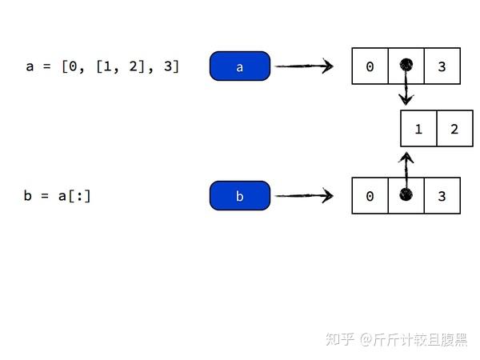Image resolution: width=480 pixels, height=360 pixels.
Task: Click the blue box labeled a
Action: point(240,66)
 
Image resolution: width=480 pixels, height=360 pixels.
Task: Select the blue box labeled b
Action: point(240,196)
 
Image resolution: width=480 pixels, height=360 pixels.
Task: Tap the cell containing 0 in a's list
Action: point(370,66)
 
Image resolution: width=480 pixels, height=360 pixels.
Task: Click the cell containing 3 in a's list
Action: point(442,66)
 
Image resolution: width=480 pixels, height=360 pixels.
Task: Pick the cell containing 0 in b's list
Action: point(370,196)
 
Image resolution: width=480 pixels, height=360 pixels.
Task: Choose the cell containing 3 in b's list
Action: point(442,196)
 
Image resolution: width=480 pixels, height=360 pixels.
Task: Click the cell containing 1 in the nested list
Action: point(418,129)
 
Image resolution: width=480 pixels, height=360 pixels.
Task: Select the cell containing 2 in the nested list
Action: point(454,129)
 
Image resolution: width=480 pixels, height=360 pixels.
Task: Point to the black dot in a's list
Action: point(406,65)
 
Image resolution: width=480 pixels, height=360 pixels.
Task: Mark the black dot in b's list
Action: point(406,195)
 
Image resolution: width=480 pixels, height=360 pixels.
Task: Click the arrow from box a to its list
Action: point(304,66)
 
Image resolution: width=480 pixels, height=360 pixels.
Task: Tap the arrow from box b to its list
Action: point(304,195)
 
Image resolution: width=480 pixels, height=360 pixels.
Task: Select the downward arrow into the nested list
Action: point(406,90)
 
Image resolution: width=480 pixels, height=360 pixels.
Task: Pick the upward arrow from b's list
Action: point(406,168)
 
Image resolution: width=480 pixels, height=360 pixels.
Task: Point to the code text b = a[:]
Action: point(57,196)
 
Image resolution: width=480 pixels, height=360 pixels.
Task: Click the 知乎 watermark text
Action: point(340,340)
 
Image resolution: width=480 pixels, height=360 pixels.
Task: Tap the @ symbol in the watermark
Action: point(365,340)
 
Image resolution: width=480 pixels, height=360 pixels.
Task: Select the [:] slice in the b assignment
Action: point(81,196)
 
